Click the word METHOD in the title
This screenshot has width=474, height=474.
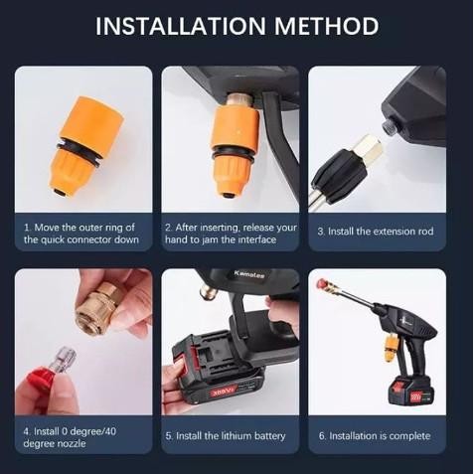(332, 26)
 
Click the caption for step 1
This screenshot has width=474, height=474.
(80, 234)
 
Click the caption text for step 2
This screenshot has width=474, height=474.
(231, 234)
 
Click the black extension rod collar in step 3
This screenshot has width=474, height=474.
(339, 175)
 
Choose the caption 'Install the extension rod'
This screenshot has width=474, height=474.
(375, 232)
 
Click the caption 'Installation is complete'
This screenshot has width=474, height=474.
(375, 436)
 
